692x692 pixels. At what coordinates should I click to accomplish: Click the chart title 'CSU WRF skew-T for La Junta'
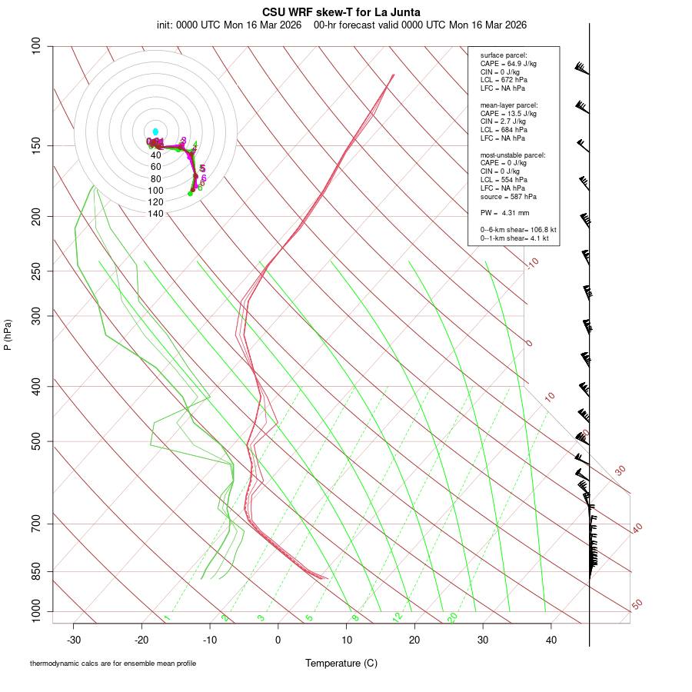point(341,12)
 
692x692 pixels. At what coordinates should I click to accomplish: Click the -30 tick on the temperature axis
point(74,639)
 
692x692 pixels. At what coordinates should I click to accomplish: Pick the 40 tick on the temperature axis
point(551,639)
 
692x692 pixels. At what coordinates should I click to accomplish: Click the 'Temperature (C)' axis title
point(341,663)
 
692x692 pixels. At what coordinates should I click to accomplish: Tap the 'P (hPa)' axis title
point(8,335)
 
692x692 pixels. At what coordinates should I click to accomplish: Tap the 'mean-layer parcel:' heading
point(509,105)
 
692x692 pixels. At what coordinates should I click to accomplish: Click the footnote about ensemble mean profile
point(113,664)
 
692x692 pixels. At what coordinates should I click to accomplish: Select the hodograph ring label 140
point(156,214)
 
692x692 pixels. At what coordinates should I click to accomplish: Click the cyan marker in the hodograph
point(155,132)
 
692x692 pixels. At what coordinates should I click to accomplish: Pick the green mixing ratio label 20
point(452,617)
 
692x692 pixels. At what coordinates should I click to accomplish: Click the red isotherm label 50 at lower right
point(637,605)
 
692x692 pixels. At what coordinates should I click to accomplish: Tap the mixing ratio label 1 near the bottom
point(166,618)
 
